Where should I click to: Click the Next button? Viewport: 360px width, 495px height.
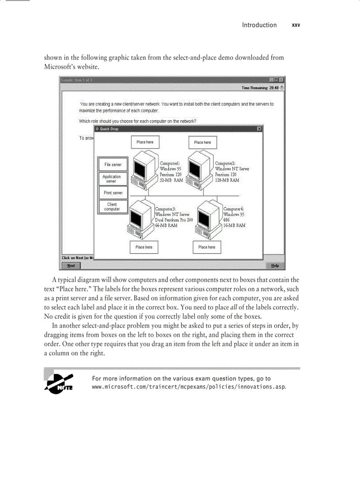coord(71,266)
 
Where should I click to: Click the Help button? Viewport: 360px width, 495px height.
coord(275,266)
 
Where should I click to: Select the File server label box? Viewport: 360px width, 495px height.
coord(113,165)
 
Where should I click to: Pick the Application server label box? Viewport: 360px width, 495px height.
coord(112,179)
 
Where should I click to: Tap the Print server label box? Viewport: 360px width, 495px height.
coord(113,193)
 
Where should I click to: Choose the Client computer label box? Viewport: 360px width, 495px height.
coord(112,207)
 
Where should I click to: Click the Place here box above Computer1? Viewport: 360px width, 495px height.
coord(145,142)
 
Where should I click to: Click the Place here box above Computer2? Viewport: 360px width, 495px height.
coord(202,142)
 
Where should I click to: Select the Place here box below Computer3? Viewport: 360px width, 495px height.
coord(144,247)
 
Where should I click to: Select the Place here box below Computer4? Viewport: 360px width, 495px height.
coord(207,247)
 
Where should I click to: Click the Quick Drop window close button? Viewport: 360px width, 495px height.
coord(259,129)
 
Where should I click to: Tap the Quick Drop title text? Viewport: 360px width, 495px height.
coord(109,129)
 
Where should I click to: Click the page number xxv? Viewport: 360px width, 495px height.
coord(296,25)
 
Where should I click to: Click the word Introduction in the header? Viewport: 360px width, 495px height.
coord(259,25)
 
